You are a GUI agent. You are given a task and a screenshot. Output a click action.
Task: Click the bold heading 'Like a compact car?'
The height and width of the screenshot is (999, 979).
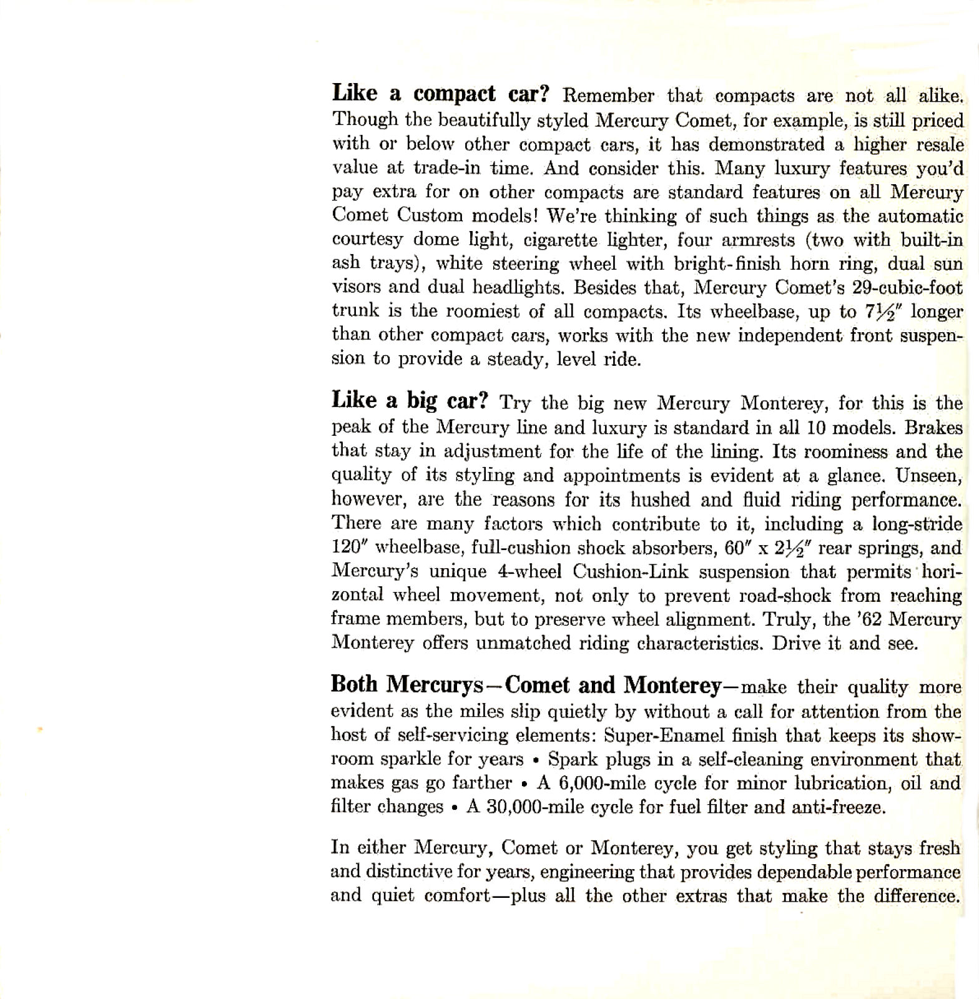coord(440,94)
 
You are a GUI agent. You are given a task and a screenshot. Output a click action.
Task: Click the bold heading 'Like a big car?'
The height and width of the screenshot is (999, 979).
coord(409,400)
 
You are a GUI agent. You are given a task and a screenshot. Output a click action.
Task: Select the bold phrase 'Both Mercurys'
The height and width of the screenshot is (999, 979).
coord(406,686)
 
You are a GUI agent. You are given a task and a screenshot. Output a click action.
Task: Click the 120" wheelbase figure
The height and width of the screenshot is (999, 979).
coord(350,548)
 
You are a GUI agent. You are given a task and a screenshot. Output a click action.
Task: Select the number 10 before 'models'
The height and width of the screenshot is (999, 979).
coord(818,428)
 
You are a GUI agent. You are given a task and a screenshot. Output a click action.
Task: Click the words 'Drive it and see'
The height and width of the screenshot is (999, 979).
coord(845,643)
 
